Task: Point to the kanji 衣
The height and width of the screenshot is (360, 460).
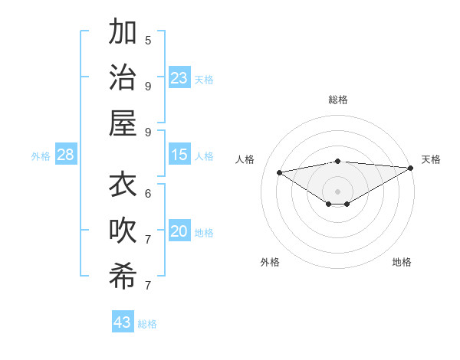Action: pos(123,185)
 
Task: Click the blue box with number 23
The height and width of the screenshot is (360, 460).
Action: pos(179,77)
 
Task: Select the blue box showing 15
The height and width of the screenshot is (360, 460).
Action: pos(179,155)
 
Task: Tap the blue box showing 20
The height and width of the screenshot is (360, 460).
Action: pos(179,231)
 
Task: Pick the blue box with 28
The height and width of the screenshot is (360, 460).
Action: pos(65,155)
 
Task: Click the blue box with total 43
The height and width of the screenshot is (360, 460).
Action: pos(123,322)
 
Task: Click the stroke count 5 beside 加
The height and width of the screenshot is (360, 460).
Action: pos(148,40)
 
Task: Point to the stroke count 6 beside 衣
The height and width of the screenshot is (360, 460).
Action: pos(148,193)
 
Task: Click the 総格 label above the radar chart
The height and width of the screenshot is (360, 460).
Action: pos(337,100)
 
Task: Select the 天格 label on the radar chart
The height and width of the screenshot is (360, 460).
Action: pos(431,159)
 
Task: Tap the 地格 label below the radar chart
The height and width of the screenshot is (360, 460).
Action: pos(402,262)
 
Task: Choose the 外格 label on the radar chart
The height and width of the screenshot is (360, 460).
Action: pos(270,262)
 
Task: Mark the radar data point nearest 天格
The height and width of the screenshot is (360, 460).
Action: pos(411,168)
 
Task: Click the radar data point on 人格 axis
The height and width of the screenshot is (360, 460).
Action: pos(279,172)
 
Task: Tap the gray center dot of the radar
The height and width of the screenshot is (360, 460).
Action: pos(337,191)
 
